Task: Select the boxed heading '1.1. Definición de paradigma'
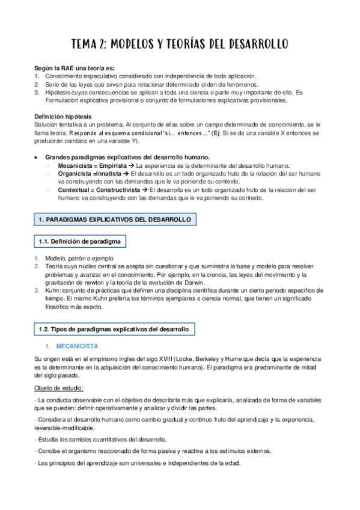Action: click(79, 242)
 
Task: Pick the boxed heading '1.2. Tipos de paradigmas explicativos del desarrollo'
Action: click(114, 330)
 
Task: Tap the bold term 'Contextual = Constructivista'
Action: click(98, 190)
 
